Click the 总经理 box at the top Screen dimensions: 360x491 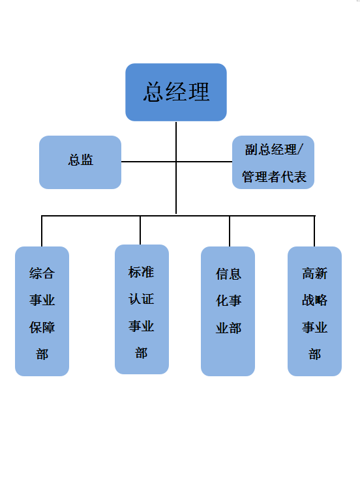(176, 92)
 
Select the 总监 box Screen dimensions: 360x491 (80, 162)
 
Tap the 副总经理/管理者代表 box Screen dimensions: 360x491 (273, 162)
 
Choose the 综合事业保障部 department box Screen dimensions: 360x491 (42, 311)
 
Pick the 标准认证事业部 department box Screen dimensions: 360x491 (142, 309)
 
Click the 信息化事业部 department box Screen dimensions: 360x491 (228, 311)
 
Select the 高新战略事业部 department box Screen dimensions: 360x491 (314, 311)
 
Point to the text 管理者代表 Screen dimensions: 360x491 (274, 177)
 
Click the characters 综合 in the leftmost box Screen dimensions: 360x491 (42, 273)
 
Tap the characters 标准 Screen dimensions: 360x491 (141, 272)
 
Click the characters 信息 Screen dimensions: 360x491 (228, 274)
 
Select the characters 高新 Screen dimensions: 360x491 (314, 273)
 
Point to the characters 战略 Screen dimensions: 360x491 (314, 301)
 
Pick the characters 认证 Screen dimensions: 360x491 (141, 299)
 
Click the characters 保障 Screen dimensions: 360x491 (42, 327)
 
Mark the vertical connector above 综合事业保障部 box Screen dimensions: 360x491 (42, 231)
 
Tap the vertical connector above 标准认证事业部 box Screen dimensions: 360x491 (140, 230)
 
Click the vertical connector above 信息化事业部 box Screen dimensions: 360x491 (230, 231)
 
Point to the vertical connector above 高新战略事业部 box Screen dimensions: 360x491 (314, 231)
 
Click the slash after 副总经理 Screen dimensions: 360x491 (300, 150)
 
